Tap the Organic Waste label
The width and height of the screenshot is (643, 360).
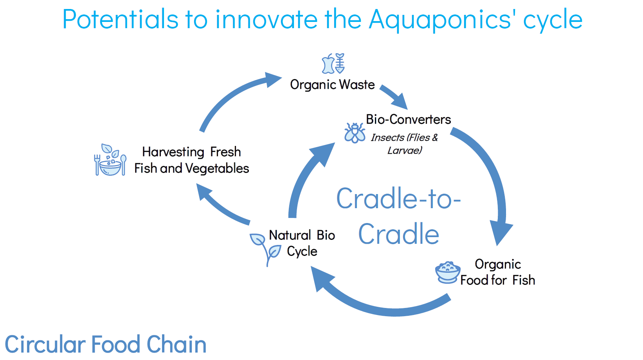[332, 85]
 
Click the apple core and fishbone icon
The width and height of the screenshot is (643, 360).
[333, 63]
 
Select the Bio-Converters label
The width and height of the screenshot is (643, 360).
[408, 119]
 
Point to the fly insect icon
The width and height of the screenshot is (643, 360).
[355, 133]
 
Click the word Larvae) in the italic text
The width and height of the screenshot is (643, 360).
[405, 150]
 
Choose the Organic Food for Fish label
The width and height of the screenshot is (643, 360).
[498, 272]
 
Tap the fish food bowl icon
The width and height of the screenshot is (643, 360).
[447, 272]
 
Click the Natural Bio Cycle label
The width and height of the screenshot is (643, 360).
[302, 243]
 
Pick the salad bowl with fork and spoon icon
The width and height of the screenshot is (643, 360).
[110, 160]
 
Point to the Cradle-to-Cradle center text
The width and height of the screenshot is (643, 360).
[399, 216]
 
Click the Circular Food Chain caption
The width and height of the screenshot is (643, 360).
[106, 344]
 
